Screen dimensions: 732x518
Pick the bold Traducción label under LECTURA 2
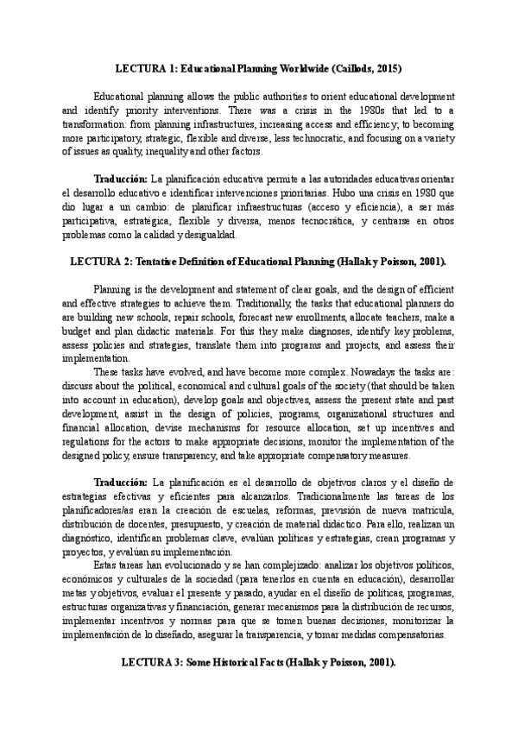(x=120, y=480)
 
